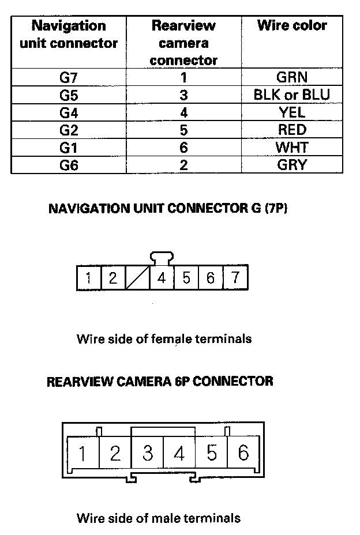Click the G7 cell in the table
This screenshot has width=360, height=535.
point(68,78)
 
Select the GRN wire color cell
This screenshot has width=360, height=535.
point(291,78)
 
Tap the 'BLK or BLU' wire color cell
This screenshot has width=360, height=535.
point(291,95)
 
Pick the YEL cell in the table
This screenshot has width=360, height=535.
point(291,112)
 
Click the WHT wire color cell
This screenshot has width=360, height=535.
point(291,147)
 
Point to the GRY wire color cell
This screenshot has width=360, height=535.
point(291,164)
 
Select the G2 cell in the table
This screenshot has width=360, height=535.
point(68,130)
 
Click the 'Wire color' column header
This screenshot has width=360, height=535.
point(291,26)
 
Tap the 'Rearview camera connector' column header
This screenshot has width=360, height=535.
point(183,43)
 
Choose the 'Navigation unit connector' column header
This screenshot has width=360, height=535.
point(68,35)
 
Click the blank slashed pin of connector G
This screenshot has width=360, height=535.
point(137,278)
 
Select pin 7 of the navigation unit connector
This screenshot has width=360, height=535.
point(235,278)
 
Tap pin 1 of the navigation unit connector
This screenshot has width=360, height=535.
point(88,278)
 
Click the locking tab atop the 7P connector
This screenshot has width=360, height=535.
point(162,258)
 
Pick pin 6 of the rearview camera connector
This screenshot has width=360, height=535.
point(243,454)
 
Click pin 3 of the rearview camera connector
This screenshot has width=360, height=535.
point(147,454)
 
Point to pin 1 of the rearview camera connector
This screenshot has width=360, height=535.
point(82,454)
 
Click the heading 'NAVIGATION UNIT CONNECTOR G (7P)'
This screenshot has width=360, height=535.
point(168,208)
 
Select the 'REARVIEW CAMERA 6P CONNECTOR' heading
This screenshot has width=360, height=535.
point(160,381)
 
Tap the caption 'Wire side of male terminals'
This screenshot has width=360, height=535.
point(158,518)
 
